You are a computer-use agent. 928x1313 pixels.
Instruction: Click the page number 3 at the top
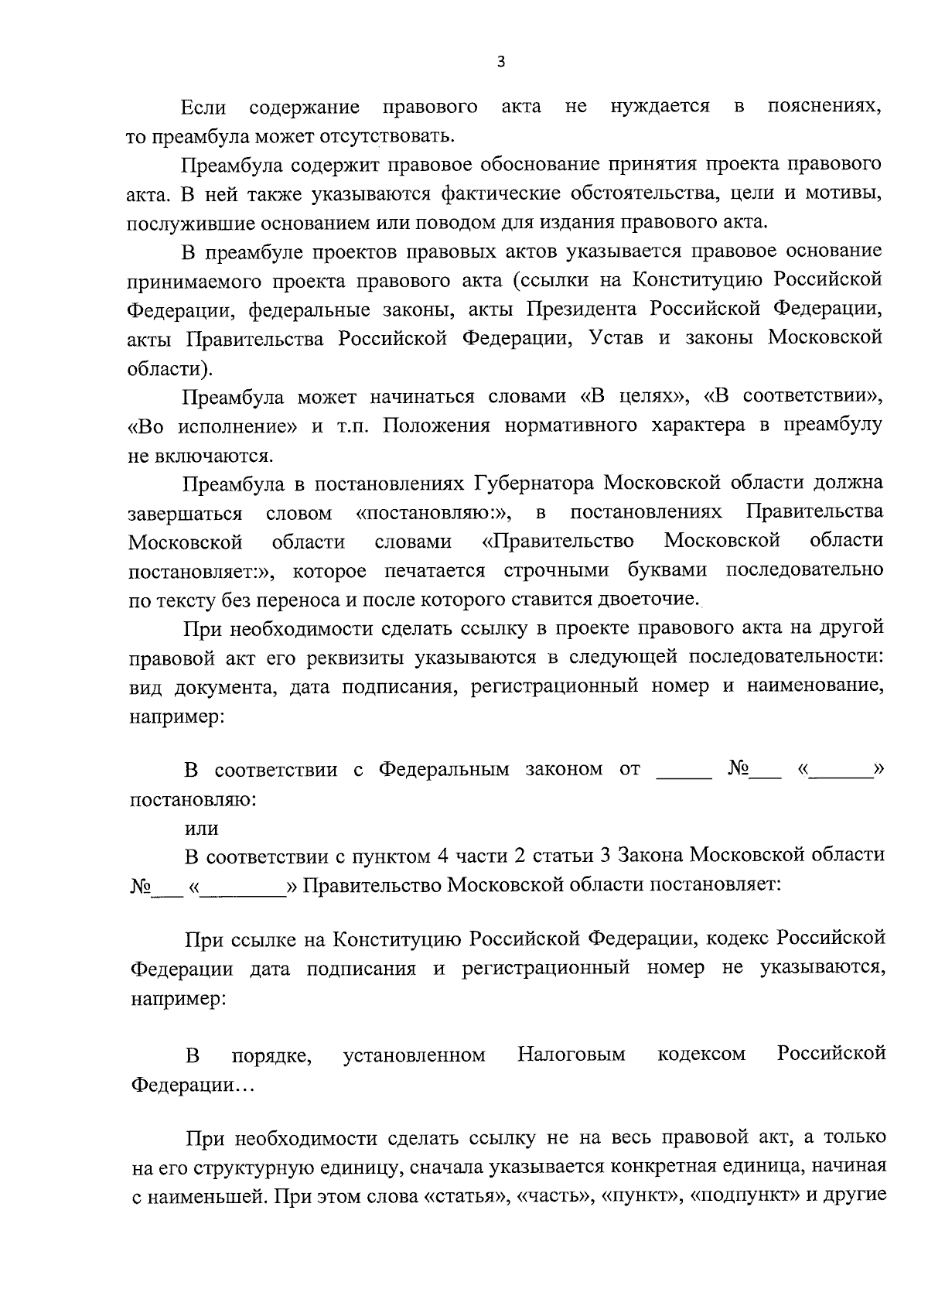[x=500, y=63]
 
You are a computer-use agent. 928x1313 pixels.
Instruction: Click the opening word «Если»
[x=203, y=107]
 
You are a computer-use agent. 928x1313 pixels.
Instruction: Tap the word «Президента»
[x=581, y=309]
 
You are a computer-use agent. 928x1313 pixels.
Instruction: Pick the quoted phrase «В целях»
[x=633, y=397]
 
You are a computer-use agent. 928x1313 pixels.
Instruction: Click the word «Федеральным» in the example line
[x=443, y=770]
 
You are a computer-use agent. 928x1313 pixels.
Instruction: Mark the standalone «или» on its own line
[x=201, y=828]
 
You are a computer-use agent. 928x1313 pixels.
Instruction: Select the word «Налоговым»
[x=571, y=1055]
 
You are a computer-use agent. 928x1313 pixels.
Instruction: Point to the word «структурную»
[x=269, y=1167]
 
